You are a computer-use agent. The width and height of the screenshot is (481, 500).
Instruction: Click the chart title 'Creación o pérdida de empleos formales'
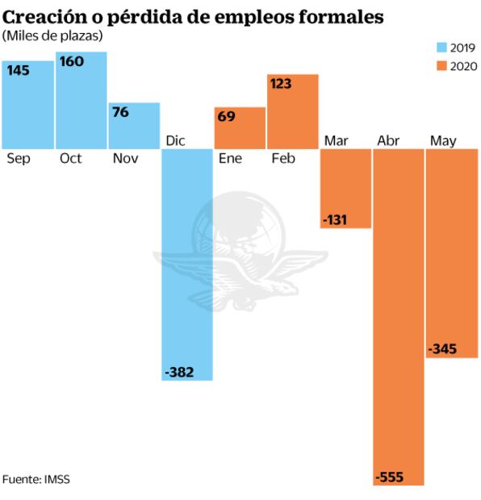[192, 15]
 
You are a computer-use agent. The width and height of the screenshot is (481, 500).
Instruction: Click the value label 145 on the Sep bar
[19, 70]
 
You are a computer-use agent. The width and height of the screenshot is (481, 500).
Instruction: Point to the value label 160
[72, 61]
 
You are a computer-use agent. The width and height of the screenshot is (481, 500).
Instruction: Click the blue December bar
[187, 258]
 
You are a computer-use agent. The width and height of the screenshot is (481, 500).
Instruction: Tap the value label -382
[180, 372]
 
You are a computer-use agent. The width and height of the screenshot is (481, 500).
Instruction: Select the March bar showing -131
[346, 190]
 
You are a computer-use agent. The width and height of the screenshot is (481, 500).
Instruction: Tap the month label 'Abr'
[388, 141]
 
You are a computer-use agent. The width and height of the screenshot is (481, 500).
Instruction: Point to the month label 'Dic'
[175, 141]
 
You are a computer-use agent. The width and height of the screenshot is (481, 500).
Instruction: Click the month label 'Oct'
[71, 159]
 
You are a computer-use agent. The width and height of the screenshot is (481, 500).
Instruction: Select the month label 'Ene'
[230, 159]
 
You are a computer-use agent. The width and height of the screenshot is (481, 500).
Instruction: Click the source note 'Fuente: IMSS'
[36, 479]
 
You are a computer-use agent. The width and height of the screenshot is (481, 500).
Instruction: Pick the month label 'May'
[443, 141]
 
